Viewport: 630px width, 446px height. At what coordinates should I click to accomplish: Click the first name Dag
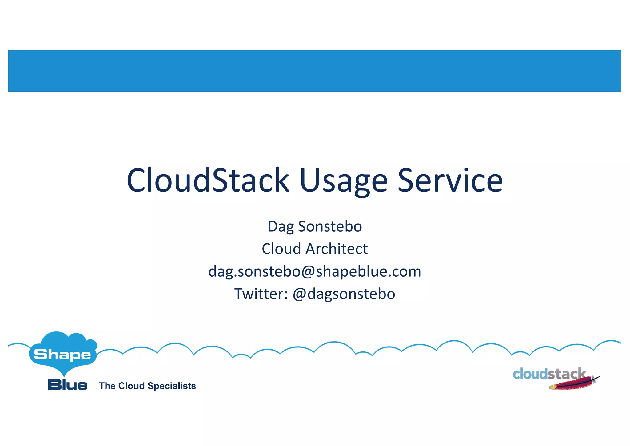pyautogui.click(x=281, y=227)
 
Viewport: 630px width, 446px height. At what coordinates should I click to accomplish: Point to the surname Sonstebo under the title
pyautogui.click(x=330, y=226)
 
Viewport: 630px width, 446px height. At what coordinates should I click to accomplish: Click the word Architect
pyautogui.click(x=337, y=249)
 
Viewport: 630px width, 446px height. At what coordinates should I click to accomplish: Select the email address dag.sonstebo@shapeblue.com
pyautogui.click(x=315, y=272)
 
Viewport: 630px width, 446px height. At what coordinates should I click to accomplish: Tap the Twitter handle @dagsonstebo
pyautogui.click(x=344, y=294)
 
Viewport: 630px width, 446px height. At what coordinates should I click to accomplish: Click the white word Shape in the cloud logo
pyautogui.click(x=62, y=355)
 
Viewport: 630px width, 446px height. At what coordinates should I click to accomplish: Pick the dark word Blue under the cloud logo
pyautogui.click(x=68, y=385)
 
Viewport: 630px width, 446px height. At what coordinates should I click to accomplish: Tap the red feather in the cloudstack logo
pyautogui.click(x=574, y=384)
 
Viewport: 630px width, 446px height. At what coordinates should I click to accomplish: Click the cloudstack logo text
pyautogui.click(x=549, y=374)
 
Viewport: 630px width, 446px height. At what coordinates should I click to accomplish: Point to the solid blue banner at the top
pyautogui.click(x=314, y=71)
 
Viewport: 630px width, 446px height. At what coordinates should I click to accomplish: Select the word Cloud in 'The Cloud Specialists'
pyautogui.click(x=131, y=386)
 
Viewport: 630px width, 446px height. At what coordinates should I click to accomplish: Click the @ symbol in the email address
pyautogui.click(x=308, y=272)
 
